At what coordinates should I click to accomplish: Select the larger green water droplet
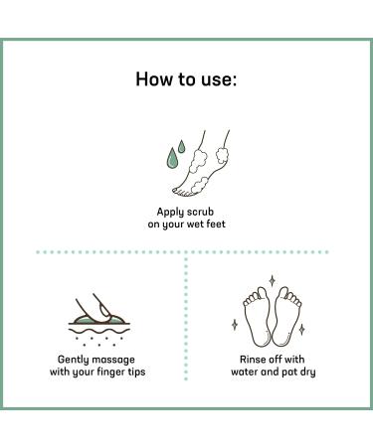pos(172,157)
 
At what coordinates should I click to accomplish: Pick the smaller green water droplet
pos(181,146)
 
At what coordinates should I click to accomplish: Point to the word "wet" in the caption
pos(195,224)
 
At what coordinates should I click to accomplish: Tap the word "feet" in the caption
pos(216,223)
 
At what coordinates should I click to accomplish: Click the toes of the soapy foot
pos(182,192)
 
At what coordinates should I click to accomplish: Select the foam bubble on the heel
pos(222,156)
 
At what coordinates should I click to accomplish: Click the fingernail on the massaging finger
pos(105,312)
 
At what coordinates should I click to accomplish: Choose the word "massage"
pos(113,361)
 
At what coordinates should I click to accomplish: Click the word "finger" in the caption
pos(111,372)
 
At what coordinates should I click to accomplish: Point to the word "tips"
pos(137,372)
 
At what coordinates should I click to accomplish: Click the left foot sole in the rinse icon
pos(257,316)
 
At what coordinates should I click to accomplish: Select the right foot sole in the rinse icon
pos(286,316)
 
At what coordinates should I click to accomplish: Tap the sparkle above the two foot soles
pos(273,280)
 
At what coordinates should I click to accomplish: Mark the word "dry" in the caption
pos(307,372)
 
